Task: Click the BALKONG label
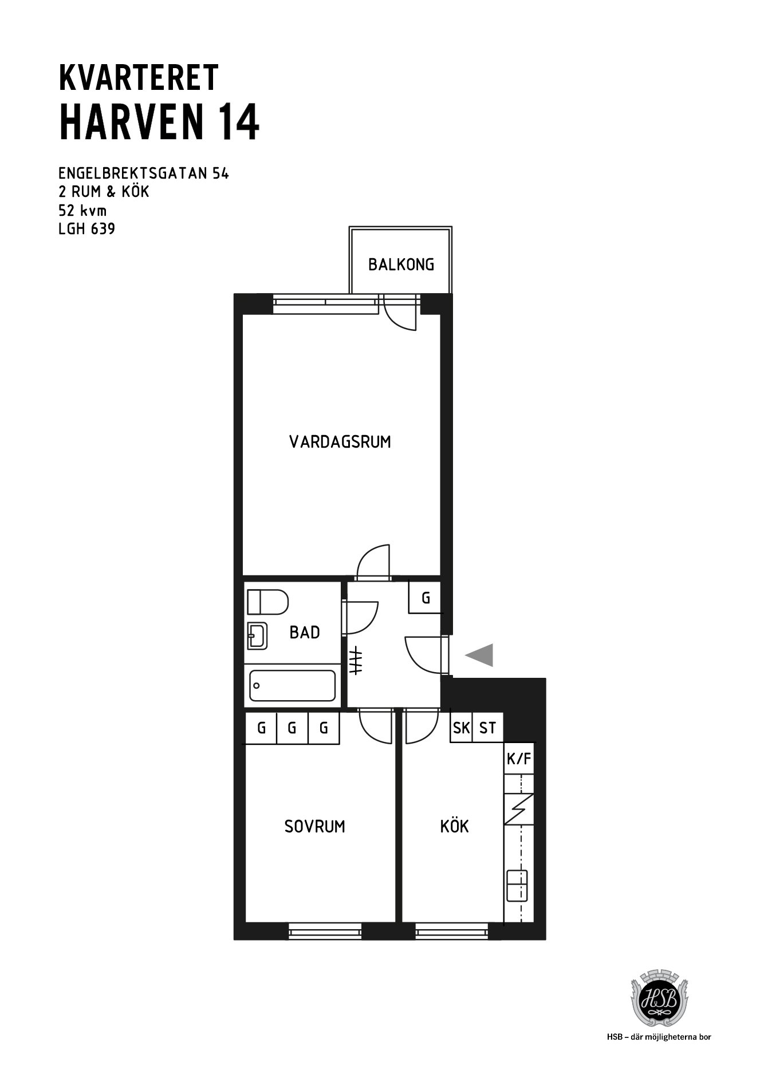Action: (x=401, y=264)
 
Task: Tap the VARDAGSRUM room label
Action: (x=340, y=442)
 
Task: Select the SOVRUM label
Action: (x=315, y=827)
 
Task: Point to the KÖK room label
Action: (x=455, y=826)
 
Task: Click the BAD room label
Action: (x=305, y=633)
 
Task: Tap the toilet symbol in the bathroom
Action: (x=267, y=602)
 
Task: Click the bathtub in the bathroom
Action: (x=293, y=685)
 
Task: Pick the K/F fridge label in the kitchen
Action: (x=519, y=759)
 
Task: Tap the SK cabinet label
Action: (x=461, y=728)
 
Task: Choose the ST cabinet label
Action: (x=487, y=728)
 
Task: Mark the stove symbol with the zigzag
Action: (x=519, y=809)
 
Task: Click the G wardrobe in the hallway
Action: (x=426, y=598)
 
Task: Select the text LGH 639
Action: (x=86, y=230)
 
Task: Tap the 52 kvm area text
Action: (x=82, y=210)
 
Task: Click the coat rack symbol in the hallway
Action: (x=356, y=660)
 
